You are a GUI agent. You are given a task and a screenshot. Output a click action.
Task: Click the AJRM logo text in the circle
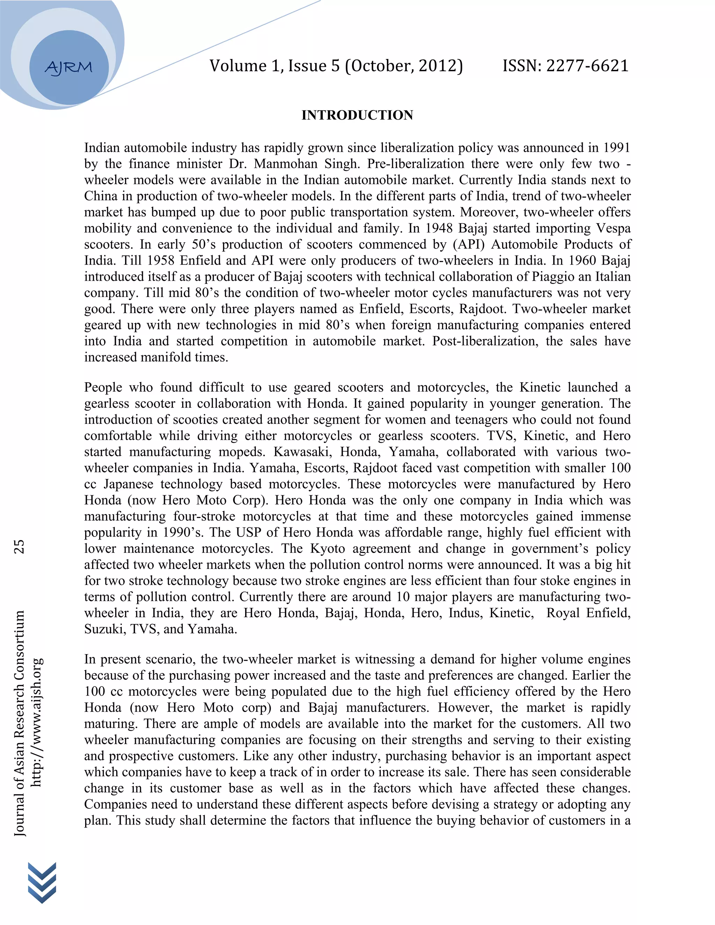pos(68,67)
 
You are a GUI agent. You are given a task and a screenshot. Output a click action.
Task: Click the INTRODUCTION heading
pos(357,115)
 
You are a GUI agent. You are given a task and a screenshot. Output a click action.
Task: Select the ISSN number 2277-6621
pos(587,66)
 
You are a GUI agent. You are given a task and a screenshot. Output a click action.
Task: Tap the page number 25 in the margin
pos(20,546)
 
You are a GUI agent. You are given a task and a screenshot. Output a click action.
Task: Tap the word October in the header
pos(381,66)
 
